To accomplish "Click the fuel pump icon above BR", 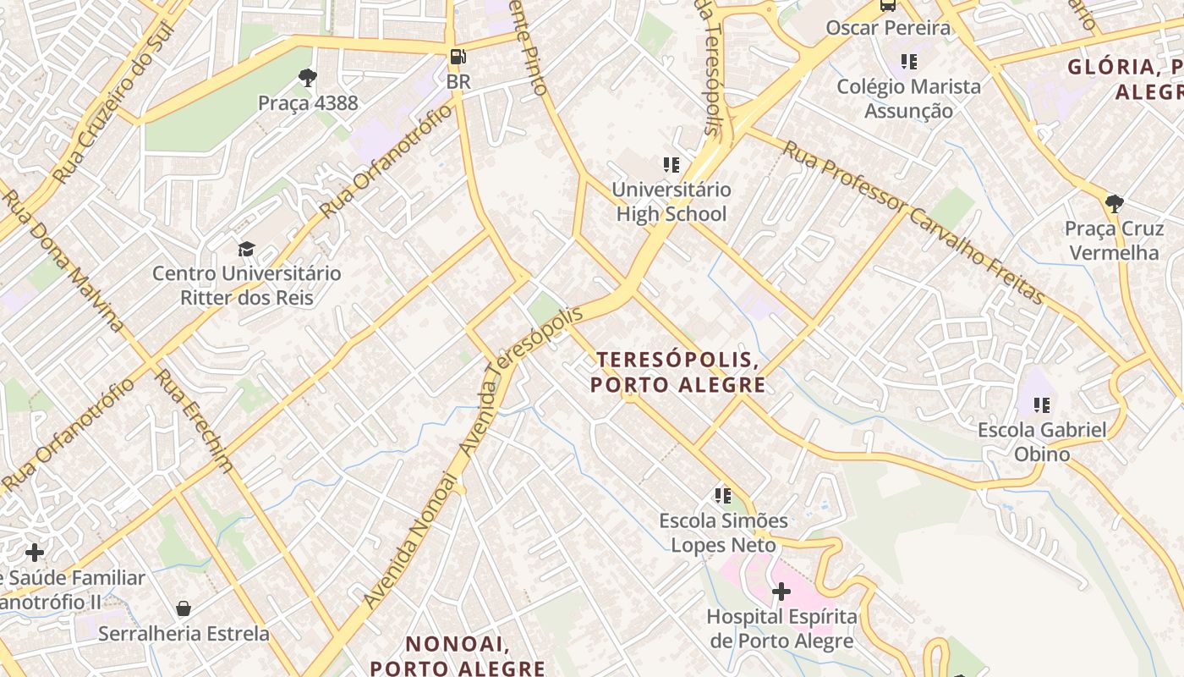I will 458,58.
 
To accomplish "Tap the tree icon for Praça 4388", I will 308,79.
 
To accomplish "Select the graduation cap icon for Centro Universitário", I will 246,249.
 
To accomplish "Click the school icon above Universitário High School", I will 671,165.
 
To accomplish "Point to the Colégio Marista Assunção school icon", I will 909,62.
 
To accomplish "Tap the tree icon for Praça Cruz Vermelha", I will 1114,204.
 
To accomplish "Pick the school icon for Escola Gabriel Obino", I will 1041,405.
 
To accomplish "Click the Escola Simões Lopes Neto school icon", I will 722,495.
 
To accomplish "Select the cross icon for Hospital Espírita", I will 781,591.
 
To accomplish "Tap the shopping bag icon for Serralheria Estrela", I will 184,608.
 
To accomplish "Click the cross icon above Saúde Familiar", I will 35,553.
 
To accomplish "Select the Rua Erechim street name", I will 195,421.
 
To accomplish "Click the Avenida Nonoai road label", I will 411,542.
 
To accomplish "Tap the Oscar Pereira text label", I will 888,28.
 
